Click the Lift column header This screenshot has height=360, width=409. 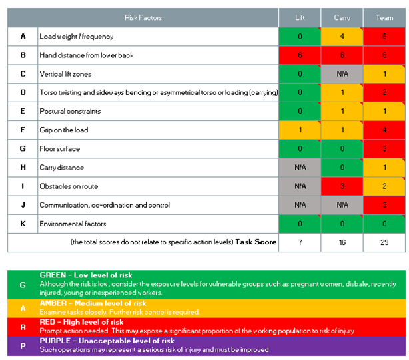[x=300, y=18]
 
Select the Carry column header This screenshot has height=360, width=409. [x=342, y=18]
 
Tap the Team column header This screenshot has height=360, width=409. [x=384, y=18]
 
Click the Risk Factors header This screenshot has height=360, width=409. [x=143, y=18]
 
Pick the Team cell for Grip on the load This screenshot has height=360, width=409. [x=384, y=130]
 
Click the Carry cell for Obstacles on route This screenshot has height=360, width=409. [x=342, y=186]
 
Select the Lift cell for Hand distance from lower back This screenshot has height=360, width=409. [x=300, y=55]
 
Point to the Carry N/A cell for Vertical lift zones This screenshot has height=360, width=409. [x=342, y=74]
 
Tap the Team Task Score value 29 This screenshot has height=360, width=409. [x=384, y=243]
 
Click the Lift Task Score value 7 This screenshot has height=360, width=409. [x=300, y=243]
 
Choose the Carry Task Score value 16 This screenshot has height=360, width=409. [x=342, y=243]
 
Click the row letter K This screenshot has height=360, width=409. [x=23, y=224]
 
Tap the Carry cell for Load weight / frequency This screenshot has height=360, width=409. [x=342, y=37]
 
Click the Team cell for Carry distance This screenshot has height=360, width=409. [x=384, y=168]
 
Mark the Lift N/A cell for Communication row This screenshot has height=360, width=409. [x=300, y=205]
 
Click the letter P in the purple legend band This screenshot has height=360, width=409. [x=23, y=345]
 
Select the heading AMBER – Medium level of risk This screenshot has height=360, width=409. [x=93, y=303]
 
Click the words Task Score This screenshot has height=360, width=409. [x=256, y=242]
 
